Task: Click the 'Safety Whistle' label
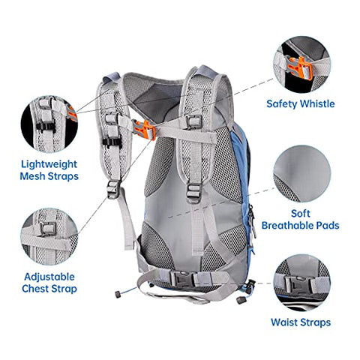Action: pos(301,104)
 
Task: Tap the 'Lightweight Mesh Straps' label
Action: pos(50,169)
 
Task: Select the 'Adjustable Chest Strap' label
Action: pos(50,281)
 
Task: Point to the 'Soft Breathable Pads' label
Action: pos(301,218)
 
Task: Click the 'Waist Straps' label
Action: pos(301,324)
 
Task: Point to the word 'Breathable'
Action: pos(300,225)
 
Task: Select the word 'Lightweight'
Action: pos(50,163)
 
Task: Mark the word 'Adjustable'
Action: pos(50,274)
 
